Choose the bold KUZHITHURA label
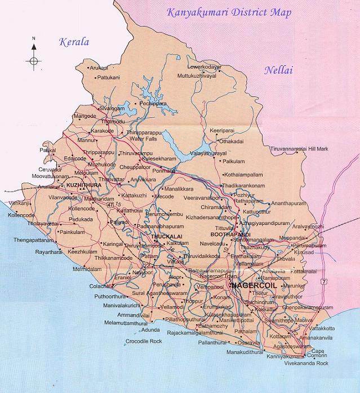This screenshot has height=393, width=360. (x=83, y=184)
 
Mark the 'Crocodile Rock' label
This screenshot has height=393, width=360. (x=145, y=342)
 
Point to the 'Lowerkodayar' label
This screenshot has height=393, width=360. (x=205, y=67)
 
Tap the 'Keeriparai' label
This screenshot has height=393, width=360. (x=222, y=130)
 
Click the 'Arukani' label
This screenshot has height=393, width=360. (x=99, y=68)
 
